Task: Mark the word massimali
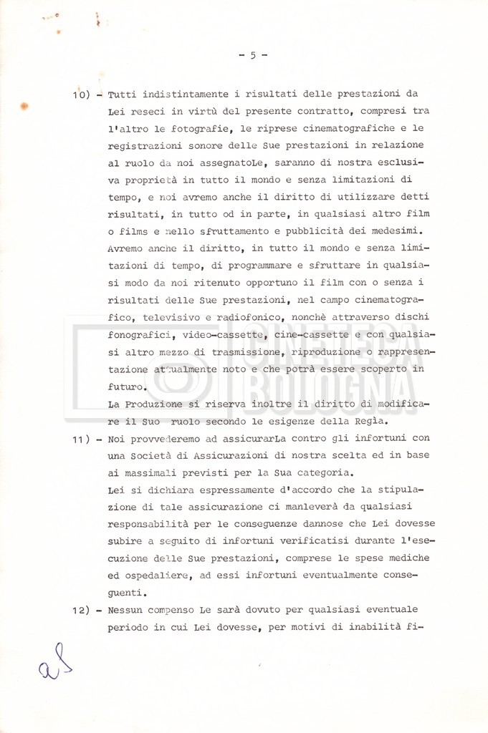[151, 473]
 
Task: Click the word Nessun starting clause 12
[127, 610]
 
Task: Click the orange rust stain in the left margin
[24, 106]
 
